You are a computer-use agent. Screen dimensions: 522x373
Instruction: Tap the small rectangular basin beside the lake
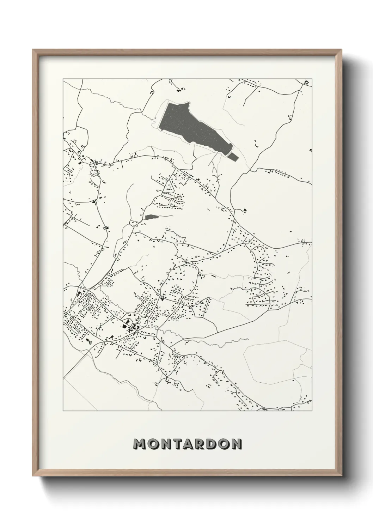pyautogui.click(x=233, y=156)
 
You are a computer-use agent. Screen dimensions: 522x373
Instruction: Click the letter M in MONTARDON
pyautogui.click(x=140, y=444)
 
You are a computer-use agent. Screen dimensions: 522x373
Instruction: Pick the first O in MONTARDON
pyautogui.click(x=153, y=444)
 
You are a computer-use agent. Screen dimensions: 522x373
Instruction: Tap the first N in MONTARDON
pyautogui.click(x=166, y=444)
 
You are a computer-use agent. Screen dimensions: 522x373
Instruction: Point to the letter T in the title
pyautogui.click(x=177, y=444)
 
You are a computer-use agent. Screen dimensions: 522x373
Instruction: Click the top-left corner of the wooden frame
pyautogui.click(x=33, y=50)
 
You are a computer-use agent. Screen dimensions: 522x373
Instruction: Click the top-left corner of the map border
pyautogui.click(x=63, y=79)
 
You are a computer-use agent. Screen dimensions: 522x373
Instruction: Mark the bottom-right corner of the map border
pyautogui.click(x=312, y=411)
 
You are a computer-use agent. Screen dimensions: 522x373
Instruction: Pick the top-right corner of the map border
pyautogui.click(x=312, y=79)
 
